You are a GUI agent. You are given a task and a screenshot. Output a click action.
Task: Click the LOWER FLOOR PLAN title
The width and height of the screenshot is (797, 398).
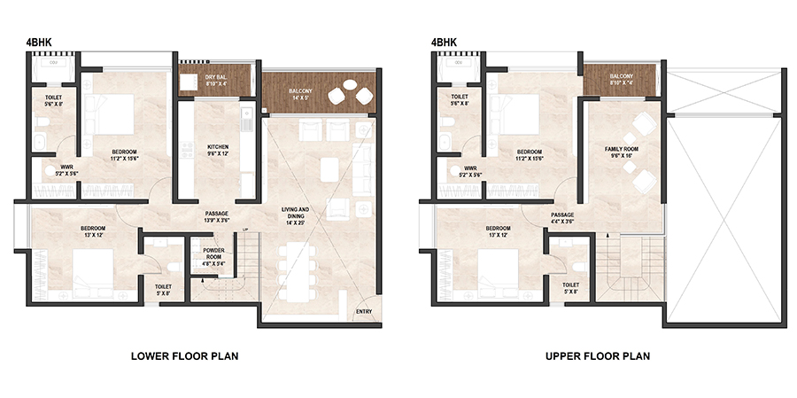click(x=184, y=356)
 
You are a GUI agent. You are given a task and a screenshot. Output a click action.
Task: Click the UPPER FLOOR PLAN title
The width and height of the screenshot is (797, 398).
click(x=598, y=356)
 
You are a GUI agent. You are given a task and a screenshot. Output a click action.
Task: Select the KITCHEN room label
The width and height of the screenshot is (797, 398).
click(x=219, y=150)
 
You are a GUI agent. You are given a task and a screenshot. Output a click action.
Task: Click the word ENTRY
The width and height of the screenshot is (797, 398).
click(x=364, y=312)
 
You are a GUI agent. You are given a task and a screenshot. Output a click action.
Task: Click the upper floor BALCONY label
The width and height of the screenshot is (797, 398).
click(x=622, y=77)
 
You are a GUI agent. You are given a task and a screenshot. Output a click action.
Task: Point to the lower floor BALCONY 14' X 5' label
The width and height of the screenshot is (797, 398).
click(x=304, y=95)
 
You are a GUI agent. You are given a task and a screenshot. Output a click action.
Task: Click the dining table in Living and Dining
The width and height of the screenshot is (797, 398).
click(x=294, y=269)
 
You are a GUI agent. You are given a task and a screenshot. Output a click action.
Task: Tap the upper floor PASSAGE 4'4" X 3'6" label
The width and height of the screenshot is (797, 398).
click(x=561, y=218)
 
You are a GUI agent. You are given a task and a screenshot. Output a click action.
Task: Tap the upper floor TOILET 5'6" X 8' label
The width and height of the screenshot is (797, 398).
click(x=459, y=99)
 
